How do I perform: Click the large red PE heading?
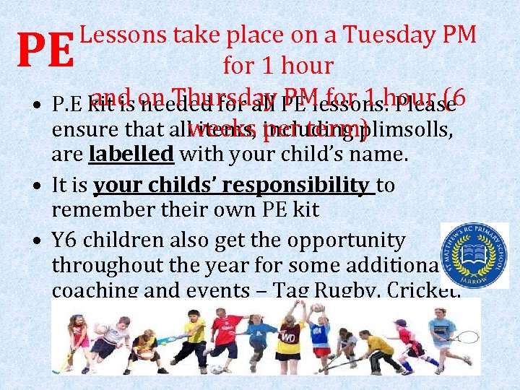click(45, 48)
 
